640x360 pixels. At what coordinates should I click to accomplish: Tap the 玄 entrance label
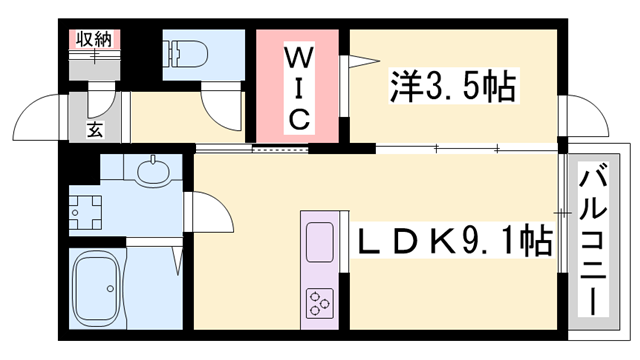(93, 128)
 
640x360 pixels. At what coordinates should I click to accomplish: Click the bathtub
(105, 287)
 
